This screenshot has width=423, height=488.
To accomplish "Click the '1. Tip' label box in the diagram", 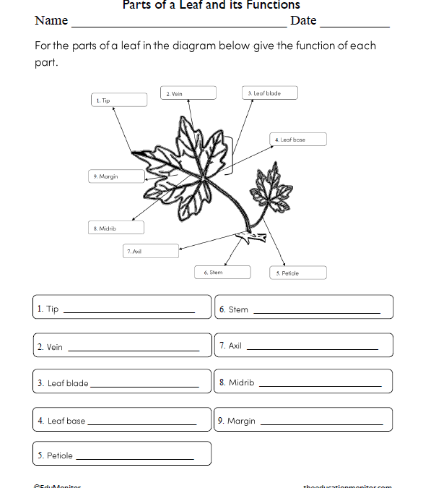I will (x=118, y=100).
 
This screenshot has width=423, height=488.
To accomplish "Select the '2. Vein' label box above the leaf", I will (x=188, y=93).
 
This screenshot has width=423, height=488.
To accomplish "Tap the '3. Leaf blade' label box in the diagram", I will (x=269, y=93).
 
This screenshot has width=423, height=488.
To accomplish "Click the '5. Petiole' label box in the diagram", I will (x=297, y=273).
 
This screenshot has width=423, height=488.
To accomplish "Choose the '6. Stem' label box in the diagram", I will (x=222, y=272).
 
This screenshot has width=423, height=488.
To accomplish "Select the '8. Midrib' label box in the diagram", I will (x=115, y=228).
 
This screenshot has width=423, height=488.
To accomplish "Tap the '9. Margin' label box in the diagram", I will (x=115, y=176).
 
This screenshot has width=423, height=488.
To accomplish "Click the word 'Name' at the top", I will (x=51, y=21).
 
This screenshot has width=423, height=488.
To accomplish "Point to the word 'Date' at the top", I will (x=303, y=21).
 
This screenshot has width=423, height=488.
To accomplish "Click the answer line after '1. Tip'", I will (x=129, y=312).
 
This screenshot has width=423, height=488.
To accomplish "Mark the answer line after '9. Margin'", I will (x=321, y=423).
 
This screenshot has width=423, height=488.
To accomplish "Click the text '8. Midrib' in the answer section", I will (x=237, y=382).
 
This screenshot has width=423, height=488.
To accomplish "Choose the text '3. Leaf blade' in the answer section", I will (x=63, y=383).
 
